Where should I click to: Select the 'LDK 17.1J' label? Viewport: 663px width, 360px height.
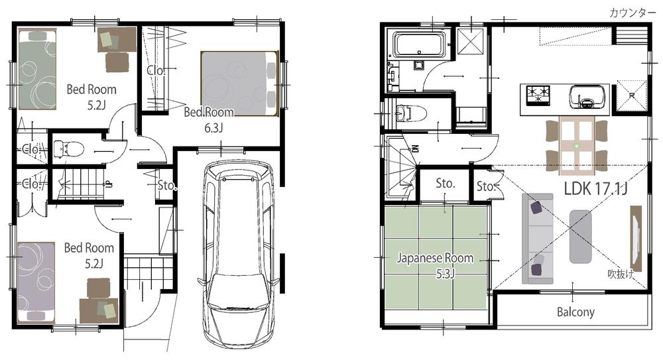pyautogui.click(x=595, y=188)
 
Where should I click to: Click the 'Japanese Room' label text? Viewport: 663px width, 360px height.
pyautogui.click(x=435, y=258)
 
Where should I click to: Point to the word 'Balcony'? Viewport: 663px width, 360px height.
pyautogui.click(x=575, y=312)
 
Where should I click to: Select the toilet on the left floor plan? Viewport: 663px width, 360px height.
pyautogui.click(x=68, y=148)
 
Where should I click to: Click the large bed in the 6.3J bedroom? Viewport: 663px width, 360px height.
pyautogui.click(x=239, y=83)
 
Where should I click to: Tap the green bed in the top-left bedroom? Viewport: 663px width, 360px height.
pyautogui.click(x=37, y=73)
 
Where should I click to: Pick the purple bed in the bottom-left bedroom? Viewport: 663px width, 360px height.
pyautogui.click(x=36, y=280)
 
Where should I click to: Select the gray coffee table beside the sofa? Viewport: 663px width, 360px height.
pyautogui.click(x=580, y=235)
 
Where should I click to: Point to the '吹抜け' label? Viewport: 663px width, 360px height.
pyautogui.click(x=619, y=274)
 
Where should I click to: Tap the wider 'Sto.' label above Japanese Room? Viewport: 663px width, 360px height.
pyautogui.click(x=444, y=183)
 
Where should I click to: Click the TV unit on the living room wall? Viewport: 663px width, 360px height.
pyautogui.click(x=635, y=235)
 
